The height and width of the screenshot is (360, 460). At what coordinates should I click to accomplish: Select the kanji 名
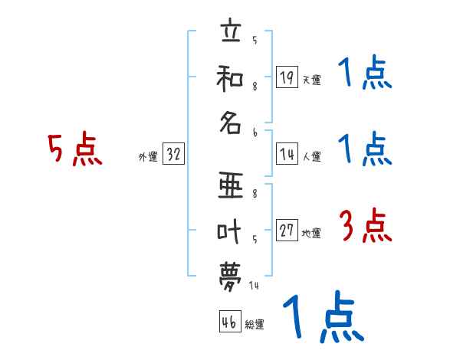(230, 123)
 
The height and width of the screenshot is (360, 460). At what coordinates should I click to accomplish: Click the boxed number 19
(287, 77)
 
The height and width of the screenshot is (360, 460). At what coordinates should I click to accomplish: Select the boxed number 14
(287, 155)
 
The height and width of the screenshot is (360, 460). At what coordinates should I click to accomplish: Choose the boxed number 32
(173, 155)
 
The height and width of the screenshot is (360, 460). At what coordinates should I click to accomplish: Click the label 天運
(312, 80)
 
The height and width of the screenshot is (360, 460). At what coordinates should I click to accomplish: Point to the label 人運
(312, 157)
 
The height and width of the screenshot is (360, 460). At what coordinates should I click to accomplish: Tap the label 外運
(147, 157)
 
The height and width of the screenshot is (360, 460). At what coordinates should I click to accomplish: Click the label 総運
(255, 325)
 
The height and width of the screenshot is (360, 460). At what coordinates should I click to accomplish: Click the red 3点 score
(365, 226)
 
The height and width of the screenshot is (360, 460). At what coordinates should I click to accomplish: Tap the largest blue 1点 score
(322, 318)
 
